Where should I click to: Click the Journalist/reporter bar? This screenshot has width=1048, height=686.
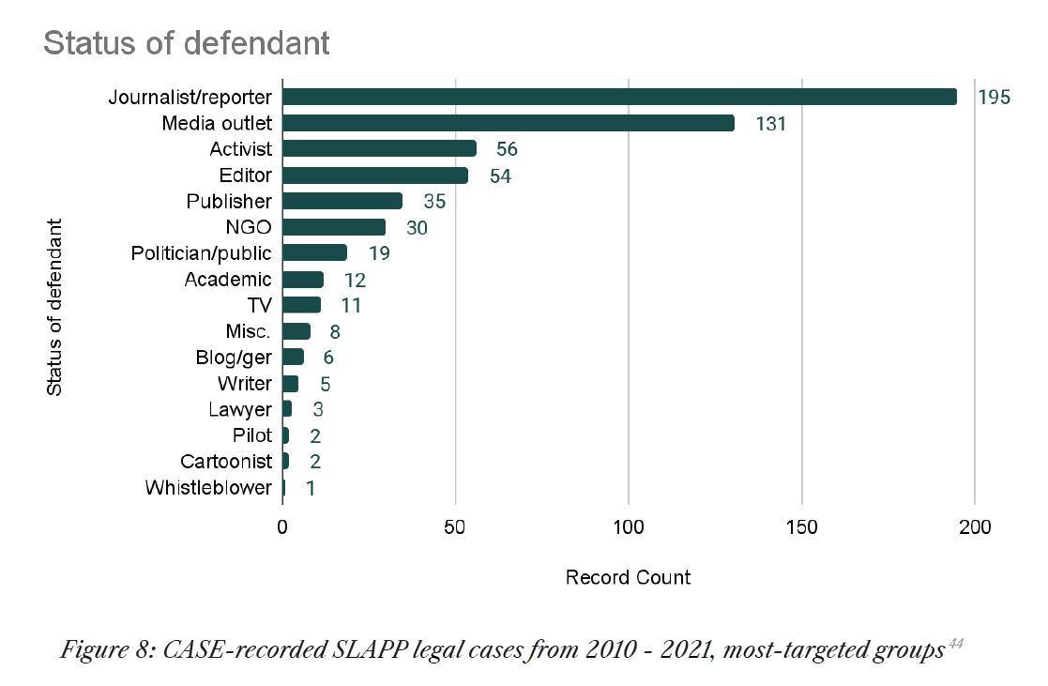[x=619, y=97]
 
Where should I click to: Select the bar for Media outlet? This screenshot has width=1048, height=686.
[x=509, y=123]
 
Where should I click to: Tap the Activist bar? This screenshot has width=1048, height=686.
[x=379, y=148]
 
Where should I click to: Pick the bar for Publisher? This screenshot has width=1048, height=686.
[x=342, y=201]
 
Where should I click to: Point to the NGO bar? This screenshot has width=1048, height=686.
[x=334, y=227]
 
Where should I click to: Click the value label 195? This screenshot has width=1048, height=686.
[x=994, y=97]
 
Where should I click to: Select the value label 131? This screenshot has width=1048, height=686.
[x=769, y=123]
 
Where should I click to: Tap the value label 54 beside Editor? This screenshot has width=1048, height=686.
[x=500, y=175]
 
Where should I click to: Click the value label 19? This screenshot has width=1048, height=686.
[x=379, y=253]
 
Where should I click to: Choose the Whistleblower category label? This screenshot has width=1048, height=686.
[x=208, y=488]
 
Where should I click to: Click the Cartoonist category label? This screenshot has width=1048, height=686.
[x=226, y=462]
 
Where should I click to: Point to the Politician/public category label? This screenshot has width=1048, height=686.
[x=201, y=253]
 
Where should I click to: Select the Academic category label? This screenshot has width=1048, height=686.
[x=228, y=280]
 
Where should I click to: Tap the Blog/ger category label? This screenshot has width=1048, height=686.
[x=234, y=358]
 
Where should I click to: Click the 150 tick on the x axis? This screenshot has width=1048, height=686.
[x=802, y=527]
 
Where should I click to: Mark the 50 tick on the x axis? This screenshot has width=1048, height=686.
[x=456, y=527]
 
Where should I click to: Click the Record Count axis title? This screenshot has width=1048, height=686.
[x=628, y=577]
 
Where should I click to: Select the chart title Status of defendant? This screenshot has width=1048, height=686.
[x=187, y=43]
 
